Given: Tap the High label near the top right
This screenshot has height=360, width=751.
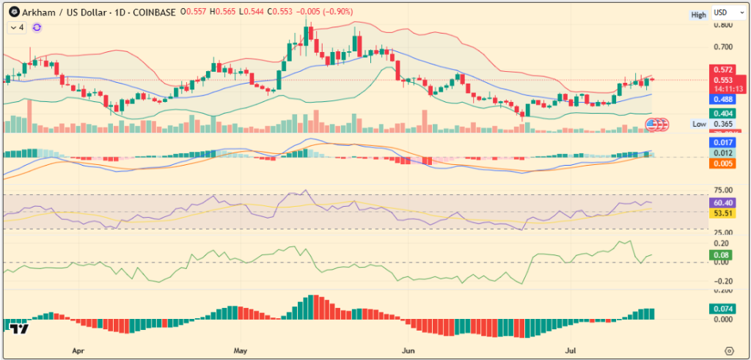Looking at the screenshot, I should tap(698, 15).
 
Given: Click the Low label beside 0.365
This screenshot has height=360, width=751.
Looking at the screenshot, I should tap(700, 125).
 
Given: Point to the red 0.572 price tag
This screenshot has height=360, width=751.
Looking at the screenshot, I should tap(722, 69).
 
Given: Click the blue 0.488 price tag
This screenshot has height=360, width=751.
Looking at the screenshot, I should tap(722, 99).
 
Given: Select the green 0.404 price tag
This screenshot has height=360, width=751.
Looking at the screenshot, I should tap(722, 114).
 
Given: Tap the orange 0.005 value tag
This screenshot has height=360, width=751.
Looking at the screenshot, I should tap(722, 164).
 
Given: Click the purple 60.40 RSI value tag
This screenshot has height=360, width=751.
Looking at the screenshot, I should tap(722, 202).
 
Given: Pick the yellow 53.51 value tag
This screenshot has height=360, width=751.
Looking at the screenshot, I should tap(722, 213).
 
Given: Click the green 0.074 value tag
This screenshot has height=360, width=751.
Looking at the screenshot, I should tap(722, 309).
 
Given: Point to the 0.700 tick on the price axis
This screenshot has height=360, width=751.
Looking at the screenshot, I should tap(723, 47).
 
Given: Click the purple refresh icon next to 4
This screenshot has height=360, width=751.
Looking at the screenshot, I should tap(37, 27).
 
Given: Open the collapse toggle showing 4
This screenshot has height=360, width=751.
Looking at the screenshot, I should tap(17, 27).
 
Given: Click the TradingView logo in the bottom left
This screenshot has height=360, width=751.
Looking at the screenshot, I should tap(20, 329).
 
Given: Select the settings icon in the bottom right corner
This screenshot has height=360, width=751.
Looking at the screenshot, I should tap(729, 350).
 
